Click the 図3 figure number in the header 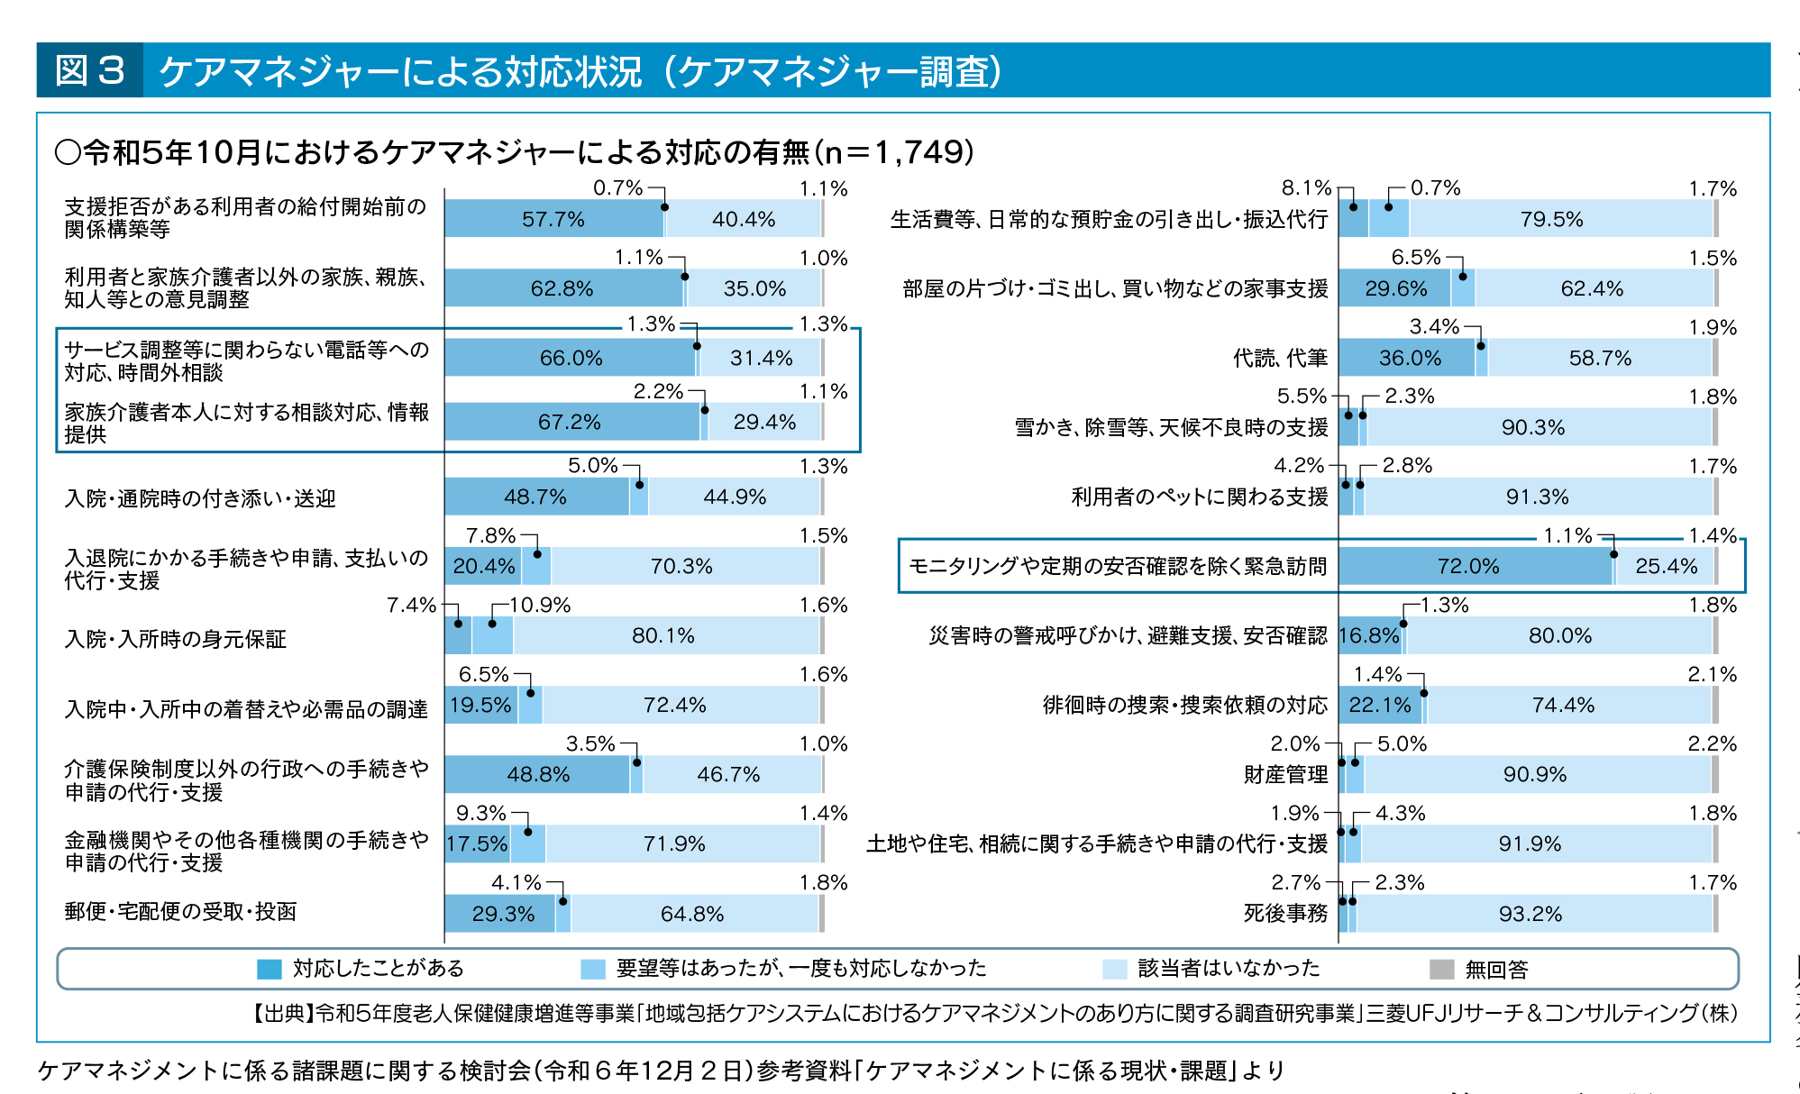coord(89,70)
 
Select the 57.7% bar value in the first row coord(553,219)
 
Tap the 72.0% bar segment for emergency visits coord(1468,566)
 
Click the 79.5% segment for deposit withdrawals coord(1551,219)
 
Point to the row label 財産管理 coord(1285,775)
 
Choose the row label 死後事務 coord(1285,914)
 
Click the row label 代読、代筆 coord(1280,359)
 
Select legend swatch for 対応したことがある coord(270,970)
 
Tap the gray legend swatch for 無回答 coord(1442,970)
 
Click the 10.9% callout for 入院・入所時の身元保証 coord(540,606)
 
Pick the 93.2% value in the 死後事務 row coord(1530,914)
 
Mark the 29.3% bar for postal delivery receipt coord(503,914)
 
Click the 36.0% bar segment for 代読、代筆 coord(1410,359)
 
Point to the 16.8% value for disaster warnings coord(1368,636)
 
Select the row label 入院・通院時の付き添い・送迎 coord(200,498)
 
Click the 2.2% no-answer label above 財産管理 coord(1712,744)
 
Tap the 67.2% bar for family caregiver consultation coord(569,422)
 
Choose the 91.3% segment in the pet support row coord(1537,497)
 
